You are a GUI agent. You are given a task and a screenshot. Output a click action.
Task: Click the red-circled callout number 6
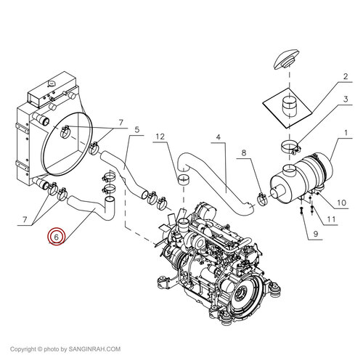click(57, 237)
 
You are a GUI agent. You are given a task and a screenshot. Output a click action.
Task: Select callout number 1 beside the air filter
click(346, 133)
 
